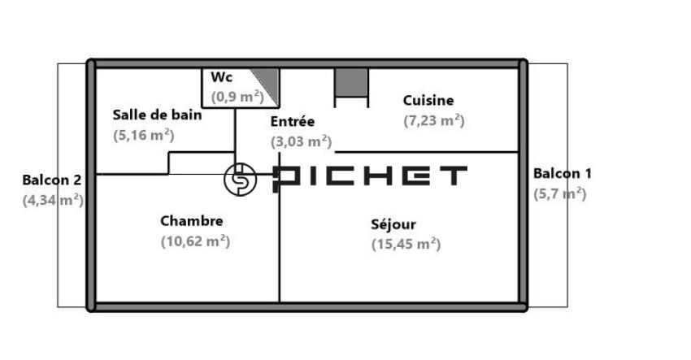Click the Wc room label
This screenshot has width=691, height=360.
click(221, 77)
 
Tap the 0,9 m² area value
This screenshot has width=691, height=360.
click(237, 97)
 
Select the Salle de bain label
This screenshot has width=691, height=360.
click(158, 115)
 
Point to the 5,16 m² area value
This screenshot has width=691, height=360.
click(144, 135)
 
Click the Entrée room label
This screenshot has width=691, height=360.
click(293, 121)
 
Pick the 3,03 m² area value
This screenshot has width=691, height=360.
click(301, 141)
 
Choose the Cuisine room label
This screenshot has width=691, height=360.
click(428, 101)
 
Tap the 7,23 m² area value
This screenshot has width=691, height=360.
click(434, 120)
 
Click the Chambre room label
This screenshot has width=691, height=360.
click(192, 221)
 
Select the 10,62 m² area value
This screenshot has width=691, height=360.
click(195, 241)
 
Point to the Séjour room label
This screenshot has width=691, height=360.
click(393, 224)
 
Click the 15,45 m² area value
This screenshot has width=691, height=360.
click(406, 244)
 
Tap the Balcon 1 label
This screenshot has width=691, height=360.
click(563, 174)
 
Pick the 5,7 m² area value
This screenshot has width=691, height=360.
click(559, 194)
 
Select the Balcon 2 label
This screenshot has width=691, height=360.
click(52, 180)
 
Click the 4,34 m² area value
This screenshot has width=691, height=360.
click(53, 200)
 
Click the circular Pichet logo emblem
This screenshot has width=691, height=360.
click(240, 180)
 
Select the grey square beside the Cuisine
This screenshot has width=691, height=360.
click(351, 82)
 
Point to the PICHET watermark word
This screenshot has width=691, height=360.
click(369, 179)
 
